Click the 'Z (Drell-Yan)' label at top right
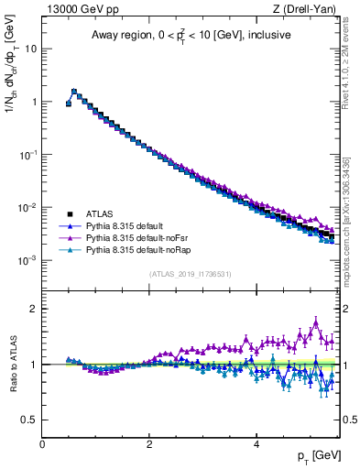click(308, 8)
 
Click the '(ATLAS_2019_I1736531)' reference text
click(191, 274)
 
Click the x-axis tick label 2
click(149, 444)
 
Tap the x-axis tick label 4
click(256, 444)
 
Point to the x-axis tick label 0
click(42, 444)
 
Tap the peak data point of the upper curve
click(74, 92)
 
